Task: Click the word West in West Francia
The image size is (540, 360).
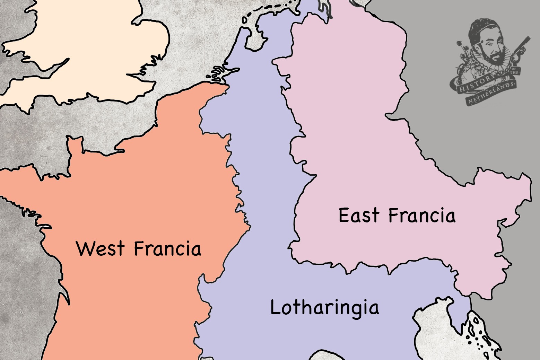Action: [x=100, y=248]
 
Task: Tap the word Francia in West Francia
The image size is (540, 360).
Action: [x=167, y=248]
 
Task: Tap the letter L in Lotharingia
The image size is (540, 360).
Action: [x=275, y=307]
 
